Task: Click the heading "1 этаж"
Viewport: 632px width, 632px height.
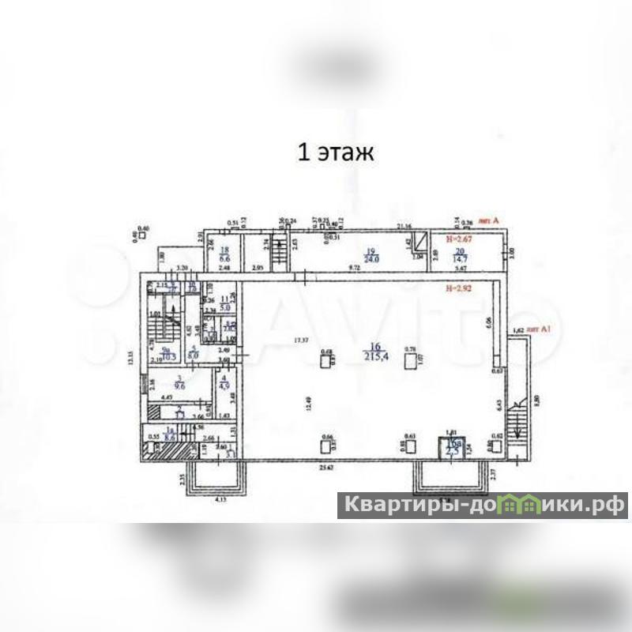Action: [334, 152]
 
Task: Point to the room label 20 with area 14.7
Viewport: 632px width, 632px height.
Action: [461, 254]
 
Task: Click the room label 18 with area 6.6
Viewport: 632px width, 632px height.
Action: [224, 254]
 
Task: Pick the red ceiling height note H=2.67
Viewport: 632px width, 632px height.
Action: [460, 238]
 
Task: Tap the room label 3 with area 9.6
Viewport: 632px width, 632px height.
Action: [179, 383]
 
